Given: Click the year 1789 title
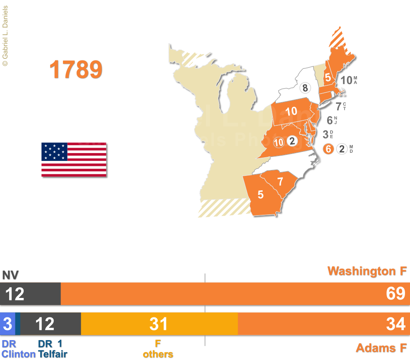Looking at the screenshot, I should [x=76, y=70].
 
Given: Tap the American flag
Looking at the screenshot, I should [x=74, y=160].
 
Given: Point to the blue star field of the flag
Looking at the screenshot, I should [x=54, y=152].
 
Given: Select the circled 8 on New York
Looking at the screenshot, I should [x=305, y=88].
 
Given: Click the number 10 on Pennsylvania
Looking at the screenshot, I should [x=291, y=111].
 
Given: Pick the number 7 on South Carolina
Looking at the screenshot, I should [x=280, y=181].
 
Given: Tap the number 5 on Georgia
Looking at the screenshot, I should [x=260, y=194].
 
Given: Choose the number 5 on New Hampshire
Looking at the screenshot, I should [x=328, y=77].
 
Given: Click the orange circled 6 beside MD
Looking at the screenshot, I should [x=328, y=149].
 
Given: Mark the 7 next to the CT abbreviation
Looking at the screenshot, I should [x=338, y=106].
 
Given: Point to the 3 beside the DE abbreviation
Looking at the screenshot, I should [x=325, y=134].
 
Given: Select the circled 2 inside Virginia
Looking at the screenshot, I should [x=292, y=141].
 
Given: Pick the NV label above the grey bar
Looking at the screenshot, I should [x=10, y=275].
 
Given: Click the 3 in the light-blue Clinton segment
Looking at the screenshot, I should [x=7, y=324].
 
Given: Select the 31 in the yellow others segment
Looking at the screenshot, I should [x=159, y=324].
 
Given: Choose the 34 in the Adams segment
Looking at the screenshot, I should [x=396, y=324].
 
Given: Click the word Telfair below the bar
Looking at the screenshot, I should [x=53, y=354].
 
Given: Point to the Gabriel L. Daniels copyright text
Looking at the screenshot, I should [x=5, y=33].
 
